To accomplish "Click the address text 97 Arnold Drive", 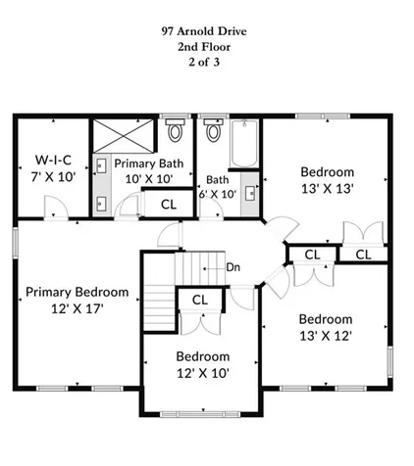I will [x=206, y=30].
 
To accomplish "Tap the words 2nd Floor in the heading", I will [x=206, y=46].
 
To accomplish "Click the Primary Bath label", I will [x=150, y=163].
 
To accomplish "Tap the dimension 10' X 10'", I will [x=150, y=179].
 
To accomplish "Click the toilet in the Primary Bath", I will [x=176, y=131].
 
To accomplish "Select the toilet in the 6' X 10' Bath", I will [x=213, y=132].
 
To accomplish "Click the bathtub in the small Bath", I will [x=242, y=146].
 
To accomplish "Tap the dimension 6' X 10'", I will [x=216, y=194].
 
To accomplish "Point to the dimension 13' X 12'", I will [x=325, y=335].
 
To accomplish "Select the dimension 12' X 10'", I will [x=203, y=372].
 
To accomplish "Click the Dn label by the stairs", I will [x=233, y=266].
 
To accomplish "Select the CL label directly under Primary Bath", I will [x=168, y=204].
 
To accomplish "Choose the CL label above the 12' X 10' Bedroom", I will [x=199, y=301].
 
